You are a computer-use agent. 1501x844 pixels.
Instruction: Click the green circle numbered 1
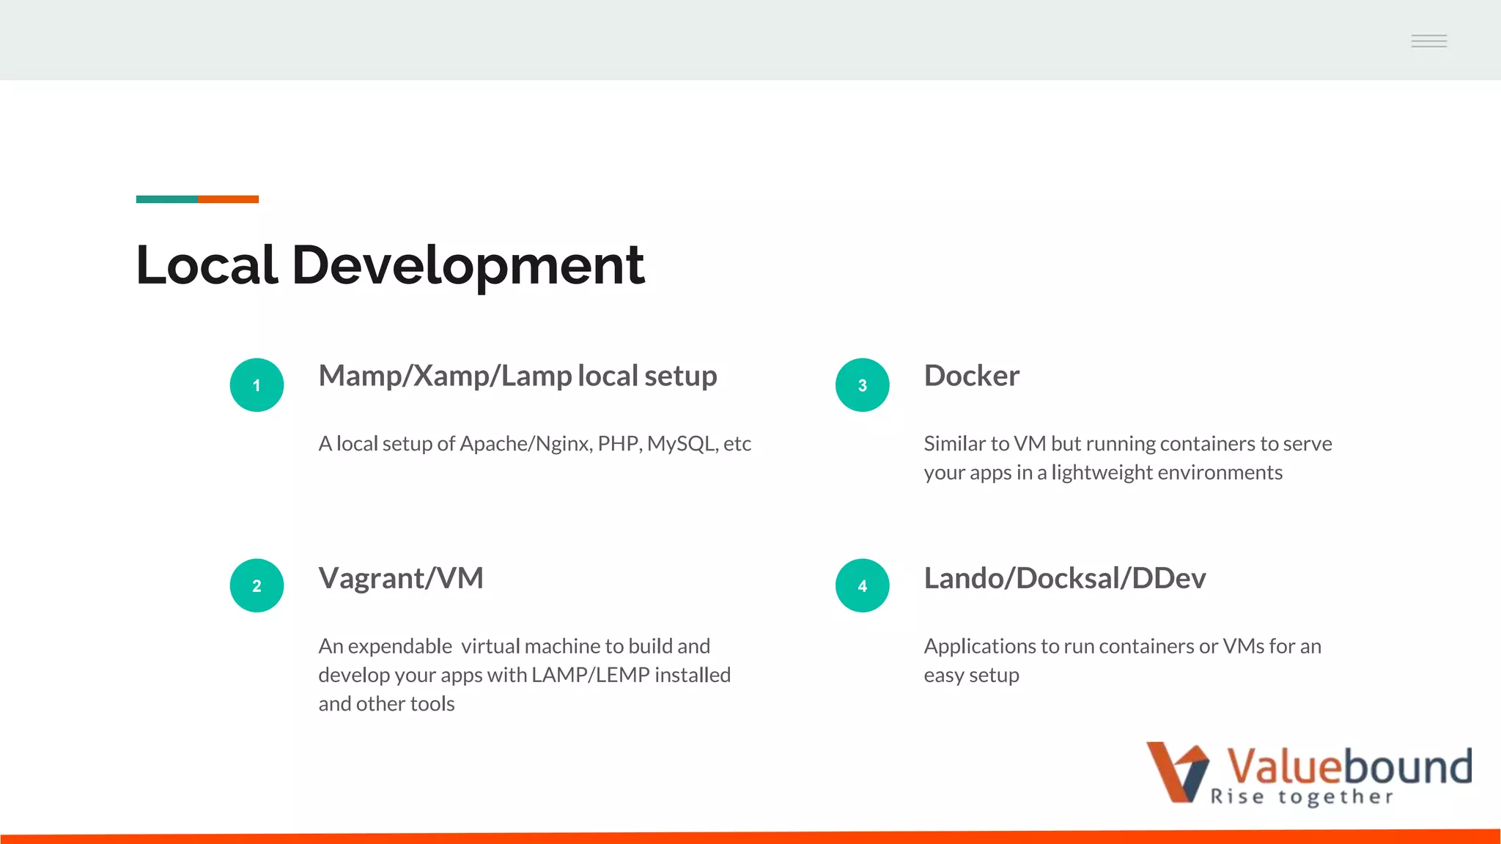[x=257, y=385]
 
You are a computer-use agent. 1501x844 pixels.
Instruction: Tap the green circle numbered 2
[x=257, y=585]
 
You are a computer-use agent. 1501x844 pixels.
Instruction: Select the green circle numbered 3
[x=862, y=385]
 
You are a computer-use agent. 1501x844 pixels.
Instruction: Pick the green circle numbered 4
[x=862, y=585]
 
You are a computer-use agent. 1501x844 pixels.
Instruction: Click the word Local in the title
[x=206, y=264]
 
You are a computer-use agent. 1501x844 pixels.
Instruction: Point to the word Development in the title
[x=468, y=266]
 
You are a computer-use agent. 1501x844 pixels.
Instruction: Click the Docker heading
[x=971, y=376]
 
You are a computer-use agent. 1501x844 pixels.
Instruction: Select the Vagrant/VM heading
[x=401, y=578]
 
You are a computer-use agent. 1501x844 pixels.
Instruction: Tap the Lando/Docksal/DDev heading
[x=1064, y=578]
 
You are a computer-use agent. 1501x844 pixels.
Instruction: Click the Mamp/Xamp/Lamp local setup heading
[x=517, y=376]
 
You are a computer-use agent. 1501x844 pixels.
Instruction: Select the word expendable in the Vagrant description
[x=399, y=646]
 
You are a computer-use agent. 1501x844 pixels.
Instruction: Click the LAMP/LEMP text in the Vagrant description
[x=590, y=675]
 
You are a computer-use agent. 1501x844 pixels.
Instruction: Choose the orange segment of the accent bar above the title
[x=228, y=199]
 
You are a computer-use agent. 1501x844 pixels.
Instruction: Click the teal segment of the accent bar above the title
[x=166, y=199]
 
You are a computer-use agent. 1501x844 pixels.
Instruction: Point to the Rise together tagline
[x=1301, y=797]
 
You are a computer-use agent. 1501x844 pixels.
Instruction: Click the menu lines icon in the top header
[x=1428, y=41]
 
